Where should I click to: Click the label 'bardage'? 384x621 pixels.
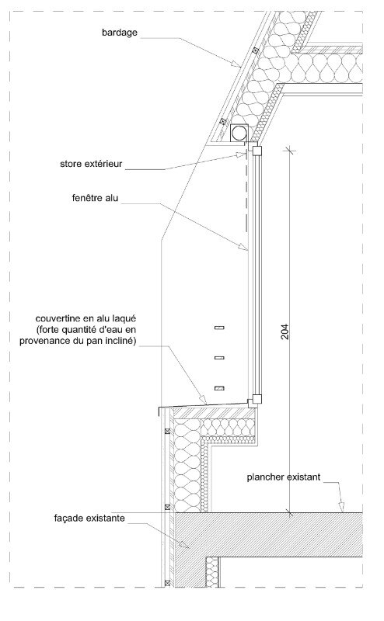120,33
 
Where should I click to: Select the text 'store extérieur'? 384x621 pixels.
91,164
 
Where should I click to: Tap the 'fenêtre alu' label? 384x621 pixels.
95,198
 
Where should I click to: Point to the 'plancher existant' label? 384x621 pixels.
283,477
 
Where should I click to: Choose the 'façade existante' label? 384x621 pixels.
89,519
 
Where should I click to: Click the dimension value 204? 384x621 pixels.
285,332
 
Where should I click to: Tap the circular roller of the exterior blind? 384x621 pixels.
239,133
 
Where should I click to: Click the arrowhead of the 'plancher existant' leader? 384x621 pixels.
341,507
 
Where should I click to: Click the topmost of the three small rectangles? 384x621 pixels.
219,328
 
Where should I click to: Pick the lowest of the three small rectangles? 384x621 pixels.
219,388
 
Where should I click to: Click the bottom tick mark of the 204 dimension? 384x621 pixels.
289,514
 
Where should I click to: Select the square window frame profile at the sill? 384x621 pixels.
257,399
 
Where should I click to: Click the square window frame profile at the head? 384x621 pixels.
257,151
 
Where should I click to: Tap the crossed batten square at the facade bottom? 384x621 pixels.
167,583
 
